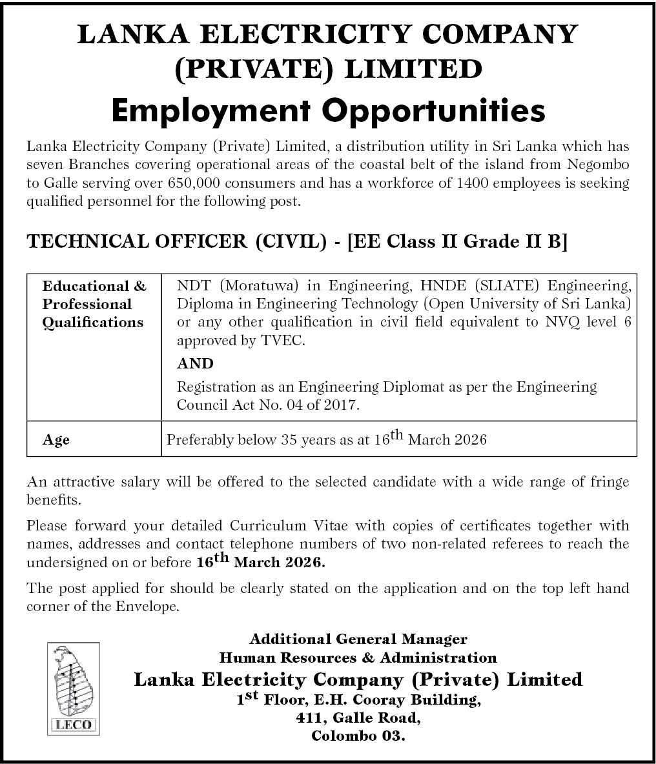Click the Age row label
point(56,440)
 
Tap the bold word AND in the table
point(195,363)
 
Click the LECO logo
point(72,688)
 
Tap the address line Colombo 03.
point(358,736)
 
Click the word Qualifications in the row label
point(93,322)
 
